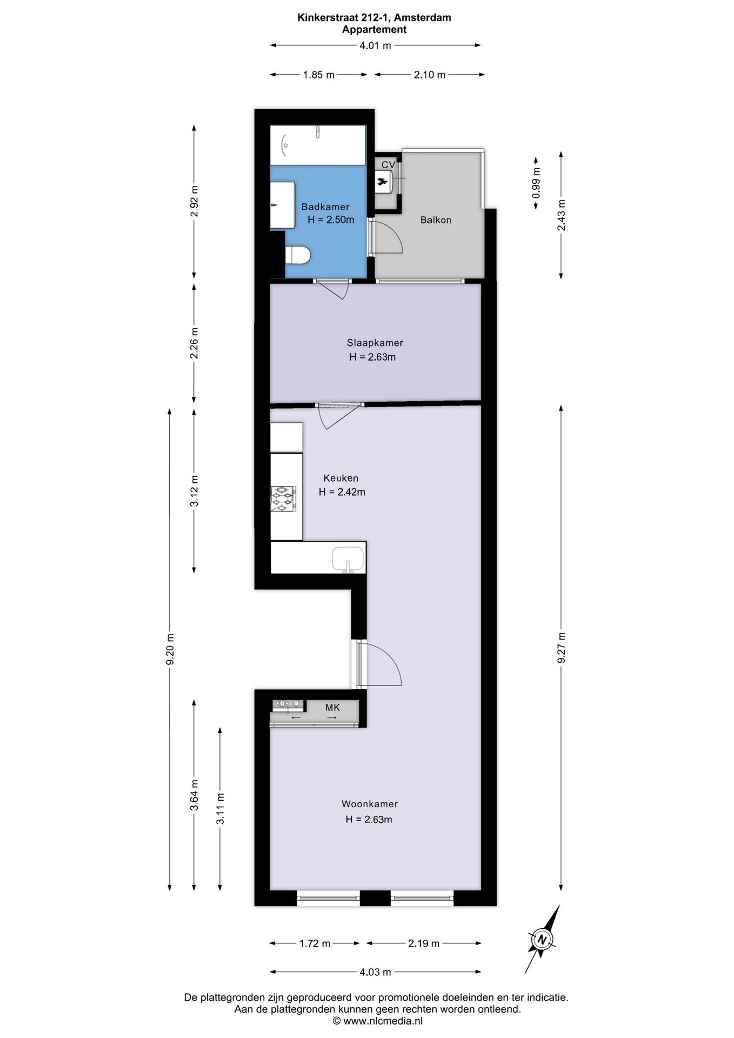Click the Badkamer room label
tap(325, 207)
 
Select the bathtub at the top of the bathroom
tap(318, 145)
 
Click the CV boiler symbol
tap(383, 181)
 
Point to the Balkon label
tap(436, 220)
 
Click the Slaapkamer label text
tap(375, 343)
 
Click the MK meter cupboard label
tap(332, 707)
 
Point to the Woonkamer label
tap(369, 804)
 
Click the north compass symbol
tap(542, 939)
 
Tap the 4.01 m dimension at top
tap(375, 46)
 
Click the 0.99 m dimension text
tap(536, 183)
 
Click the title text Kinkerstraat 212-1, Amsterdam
tap(374, 17)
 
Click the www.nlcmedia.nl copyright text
tap(377, 1021)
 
